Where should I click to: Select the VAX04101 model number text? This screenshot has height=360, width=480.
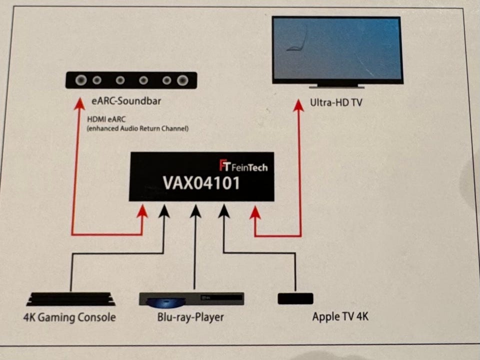[x=201, y=183]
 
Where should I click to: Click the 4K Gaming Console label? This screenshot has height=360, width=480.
[x=70, y=317]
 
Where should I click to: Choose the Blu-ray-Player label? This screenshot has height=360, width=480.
[x=190, y=317]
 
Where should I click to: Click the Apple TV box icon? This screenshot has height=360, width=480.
[x=295, y=298]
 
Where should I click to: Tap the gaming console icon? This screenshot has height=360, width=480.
[x=71, y=299]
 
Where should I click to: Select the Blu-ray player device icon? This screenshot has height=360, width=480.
[x=191, y=299]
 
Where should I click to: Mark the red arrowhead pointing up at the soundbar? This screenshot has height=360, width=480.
[x=78, y=103]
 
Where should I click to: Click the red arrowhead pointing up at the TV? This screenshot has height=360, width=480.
[x=298, y=105]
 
